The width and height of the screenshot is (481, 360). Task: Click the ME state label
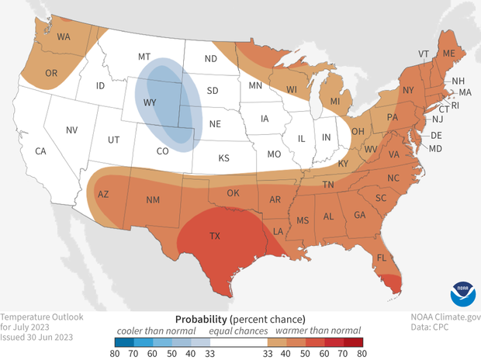448,53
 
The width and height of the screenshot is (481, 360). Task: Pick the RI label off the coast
455,105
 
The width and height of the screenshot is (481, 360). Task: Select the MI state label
335,102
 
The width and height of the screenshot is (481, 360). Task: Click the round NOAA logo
461,296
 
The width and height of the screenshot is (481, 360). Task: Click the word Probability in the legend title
200,319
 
